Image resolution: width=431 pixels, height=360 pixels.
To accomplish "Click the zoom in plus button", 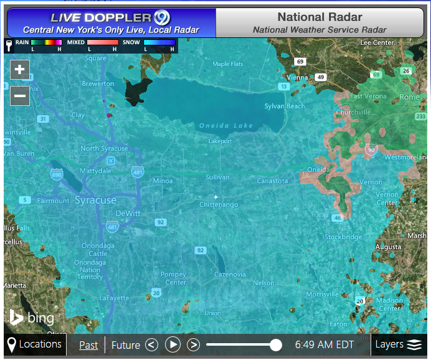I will [x=20, y=69].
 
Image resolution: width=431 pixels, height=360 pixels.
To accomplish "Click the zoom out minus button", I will [x=20, y=96].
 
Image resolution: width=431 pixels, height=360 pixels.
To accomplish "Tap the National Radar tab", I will [x=320, y=22].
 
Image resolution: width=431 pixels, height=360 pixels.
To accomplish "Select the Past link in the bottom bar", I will [x=88, y=344].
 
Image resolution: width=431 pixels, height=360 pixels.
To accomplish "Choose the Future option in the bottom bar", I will [x=125, y=344].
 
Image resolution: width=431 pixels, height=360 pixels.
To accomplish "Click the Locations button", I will [x=35, y=344].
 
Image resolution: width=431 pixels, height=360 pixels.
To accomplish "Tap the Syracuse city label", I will [x=95, y=201].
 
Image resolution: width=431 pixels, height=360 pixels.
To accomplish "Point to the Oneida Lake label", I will [x=226, y=126].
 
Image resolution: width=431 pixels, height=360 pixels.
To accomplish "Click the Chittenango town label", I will [x=219, y=205].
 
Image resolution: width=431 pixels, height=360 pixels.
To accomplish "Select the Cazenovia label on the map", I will [x=230, y=274].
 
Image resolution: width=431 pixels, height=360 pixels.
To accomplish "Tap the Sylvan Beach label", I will [x=285, y=107].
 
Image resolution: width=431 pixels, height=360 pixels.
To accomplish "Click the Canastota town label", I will [x=273, y=181].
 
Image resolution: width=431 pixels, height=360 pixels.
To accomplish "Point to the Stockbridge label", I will [x=343, y=237].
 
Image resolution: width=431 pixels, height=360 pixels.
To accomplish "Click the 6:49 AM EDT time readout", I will [x=324, y=344].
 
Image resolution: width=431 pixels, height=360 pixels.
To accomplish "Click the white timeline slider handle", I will [x=276, y=344].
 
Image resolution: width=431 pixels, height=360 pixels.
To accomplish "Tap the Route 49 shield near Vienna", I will [x=321, y=77].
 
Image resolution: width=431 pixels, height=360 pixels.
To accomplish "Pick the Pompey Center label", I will [x=173, y=278].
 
